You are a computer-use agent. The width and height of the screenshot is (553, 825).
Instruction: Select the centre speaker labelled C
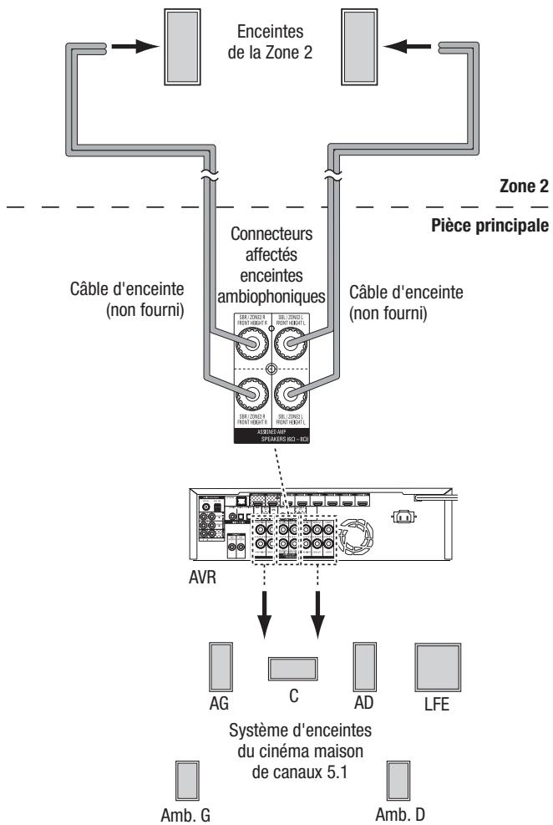tap(293, 670)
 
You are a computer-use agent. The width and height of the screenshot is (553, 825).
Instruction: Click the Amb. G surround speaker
tap(187, 781)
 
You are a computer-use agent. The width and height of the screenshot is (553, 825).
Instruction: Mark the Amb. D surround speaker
tap(399, 781)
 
